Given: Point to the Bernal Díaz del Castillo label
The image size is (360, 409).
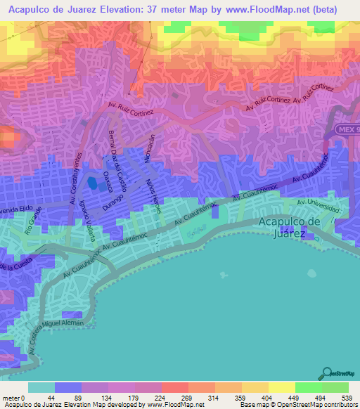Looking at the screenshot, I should tap(115, 150).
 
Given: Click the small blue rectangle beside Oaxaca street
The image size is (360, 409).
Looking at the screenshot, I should tap(92, 186).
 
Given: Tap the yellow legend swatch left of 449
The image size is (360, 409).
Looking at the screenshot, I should tap(282, 387).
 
